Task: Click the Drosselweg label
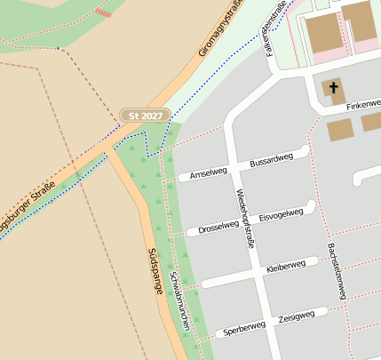coord(218,228)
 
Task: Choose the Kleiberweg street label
coord(285,266)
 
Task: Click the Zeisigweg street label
coord(296,316)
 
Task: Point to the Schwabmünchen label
coord(179,301)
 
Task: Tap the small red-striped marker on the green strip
coord(104,14)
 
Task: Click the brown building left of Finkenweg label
coord(340,130)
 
